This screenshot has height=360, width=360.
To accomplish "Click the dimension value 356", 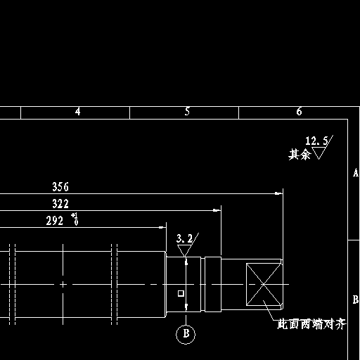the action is pos(60,187).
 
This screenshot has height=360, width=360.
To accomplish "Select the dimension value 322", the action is pos(60,204).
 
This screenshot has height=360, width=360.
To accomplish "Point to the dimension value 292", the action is pos(55,221).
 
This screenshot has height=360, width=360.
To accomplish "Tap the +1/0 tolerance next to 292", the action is pos(75,219).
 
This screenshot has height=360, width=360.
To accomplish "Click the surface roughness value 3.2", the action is pos(184,238).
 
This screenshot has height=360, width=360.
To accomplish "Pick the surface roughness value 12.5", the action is pos(316,141).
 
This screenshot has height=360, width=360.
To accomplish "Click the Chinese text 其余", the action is pos(300,155).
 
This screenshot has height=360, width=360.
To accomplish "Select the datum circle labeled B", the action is pos(186,335).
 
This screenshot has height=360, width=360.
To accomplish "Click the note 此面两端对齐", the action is pos(311,325).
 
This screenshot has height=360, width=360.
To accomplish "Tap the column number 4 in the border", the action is pos(77,112).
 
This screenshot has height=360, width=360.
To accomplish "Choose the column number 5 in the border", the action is pos(187,112).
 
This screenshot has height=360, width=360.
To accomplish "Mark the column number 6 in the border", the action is pos(299,112).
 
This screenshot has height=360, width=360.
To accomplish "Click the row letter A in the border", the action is pos(356,173).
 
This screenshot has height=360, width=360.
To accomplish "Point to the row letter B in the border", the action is pos(356,300).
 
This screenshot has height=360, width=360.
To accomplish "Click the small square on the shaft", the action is pos(181,293).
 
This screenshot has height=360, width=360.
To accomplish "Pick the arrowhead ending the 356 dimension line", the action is pos(278,193).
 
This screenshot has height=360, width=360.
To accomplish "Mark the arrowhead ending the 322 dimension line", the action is pos(217,210).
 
